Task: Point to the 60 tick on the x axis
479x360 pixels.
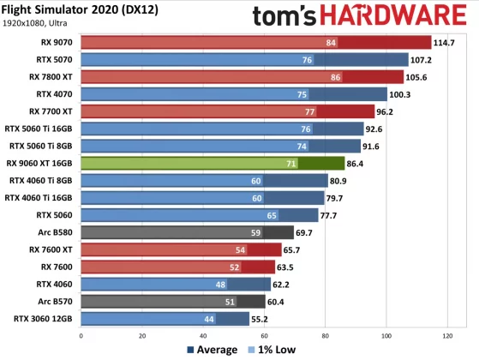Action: point(265,335)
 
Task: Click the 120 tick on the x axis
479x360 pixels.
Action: point(447,335)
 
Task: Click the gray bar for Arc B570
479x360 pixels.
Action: point(171,301)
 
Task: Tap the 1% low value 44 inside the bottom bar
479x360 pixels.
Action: point(208,319)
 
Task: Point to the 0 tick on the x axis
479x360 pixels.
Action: point(83,335)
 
